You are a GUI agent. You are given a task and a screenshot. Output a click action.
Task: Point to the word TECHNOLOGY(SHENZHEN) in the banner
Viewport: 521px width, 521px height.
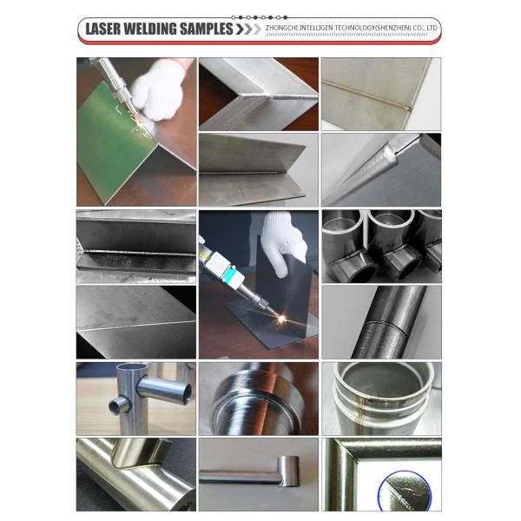tap(373, 28)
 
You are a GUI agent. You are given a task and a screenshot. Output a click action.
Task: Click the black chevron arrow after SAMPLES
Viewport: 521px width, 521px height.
tap(240, 29)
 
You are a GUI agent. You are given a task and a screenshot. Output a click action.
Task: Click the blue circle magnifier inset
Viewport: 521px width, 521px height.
tap(405, 491)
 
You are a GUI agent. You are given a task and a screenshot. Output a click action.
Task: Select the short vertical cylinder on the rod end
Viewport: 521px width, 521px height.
tap(288, 472)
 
